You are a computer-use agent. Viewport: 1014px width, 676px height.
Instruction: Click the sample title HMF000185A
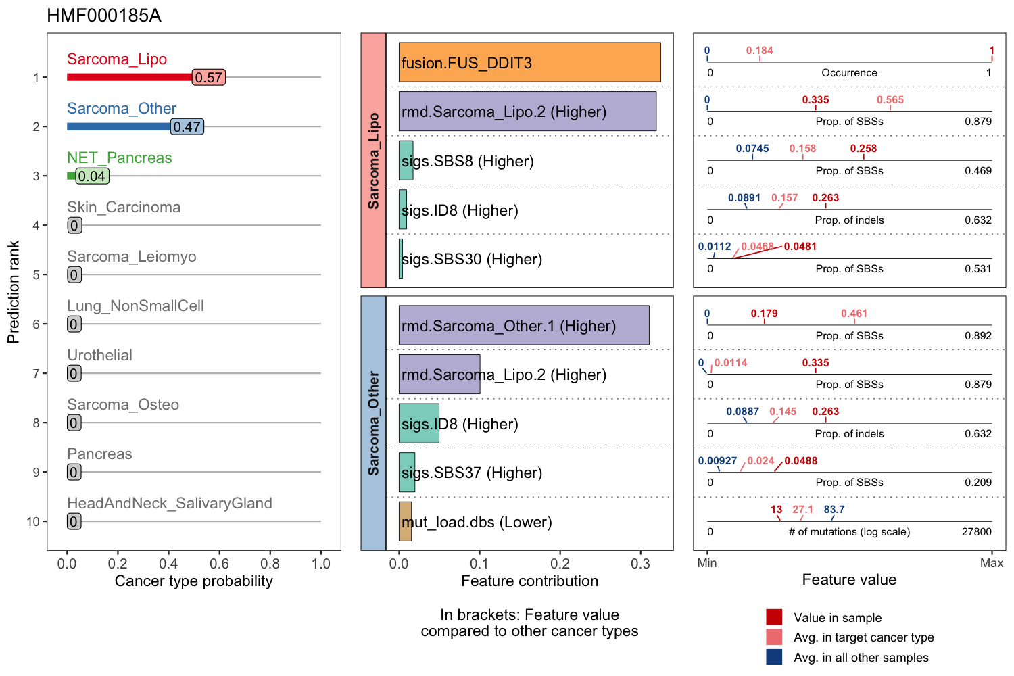pyautogui.click(x=104, y=16)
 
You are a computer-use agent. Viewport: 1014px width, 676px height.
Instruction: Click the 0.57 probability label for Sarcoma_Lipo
pyautogui.click(x=208, y=78)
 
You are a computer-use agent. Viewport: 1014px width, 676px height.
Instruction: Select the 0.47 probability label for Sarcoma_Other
pyautogui.click(x=187, y=127)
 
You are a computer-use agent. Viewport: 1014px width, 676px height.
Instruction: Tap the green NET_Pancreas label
pyautogui.click(x=119, y=158)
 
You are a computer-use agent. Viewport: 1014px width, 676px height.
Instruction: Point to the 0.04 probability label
pyautogui.click(x=92, y=176)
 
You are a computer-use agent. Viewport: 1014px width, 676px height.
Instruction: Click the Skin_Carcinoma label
pyautogui.click(x=124, y=207)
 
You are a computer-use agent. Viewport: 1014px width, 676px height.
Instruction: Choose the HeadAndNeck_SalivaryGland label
pyautogui.click(x=169, y=503)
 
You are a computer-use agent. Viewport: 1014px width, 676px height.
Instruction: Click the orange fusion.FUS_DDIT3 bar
pyautogui.click(x=529, y=62)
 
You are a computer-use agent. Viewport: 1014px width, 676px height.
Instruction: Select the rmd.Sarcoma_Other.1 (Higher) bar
pyautogui.click(x=524, y=325)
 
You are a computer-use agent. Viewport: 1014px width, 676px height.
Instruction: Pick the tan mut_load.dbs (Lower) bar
pyautogui.click(x=405, y=521)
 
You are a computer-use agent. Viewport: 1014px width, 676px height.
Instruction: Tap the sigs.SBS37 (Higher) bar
pyautogui.click(x=407, y=473)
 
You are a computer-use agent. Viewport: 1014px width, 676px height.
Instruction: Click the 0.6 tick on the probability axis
pyautogui.click(x=219, y=564)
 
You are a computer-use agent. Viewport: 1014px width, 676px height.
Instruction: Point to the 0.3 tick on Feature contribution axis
pyautogui.click(x=640, y=564)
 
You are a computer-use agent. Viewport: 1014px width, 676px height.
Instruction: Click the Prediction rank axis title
pyautogui.click(x=14, y=292)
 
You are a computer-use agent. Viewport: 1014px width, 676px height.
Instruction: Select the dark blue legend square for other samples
pyautogui.click(x=774, y=657)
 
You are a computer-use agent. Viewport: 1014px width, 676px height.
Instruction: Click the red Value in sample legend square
pyautogui.click(x=774, y=617)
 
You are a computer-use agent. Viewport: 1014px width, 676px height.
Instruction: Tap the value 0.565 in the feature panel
pyautogui.click(x=890, y=100)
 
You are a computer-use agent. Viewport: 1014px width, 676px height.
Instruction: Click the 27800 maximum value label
pyautogui.click(x=976, y=532)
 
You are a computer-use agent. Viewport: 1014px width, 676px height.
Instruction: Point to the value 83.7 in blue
pyautogui.click(x=834, y=510)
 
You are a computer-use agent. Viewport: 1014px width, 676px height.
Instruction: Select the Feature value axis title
pyautogui.click(x=849, y=579)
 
